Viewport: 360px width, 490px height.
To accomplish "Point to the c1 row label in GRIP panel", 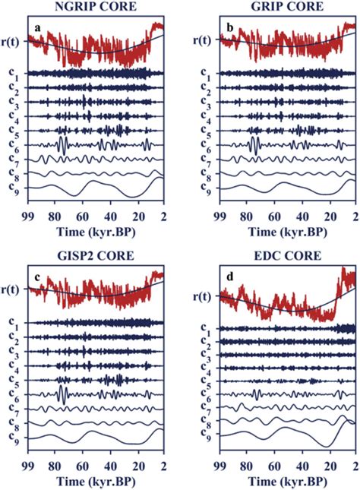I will [205, 74].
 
